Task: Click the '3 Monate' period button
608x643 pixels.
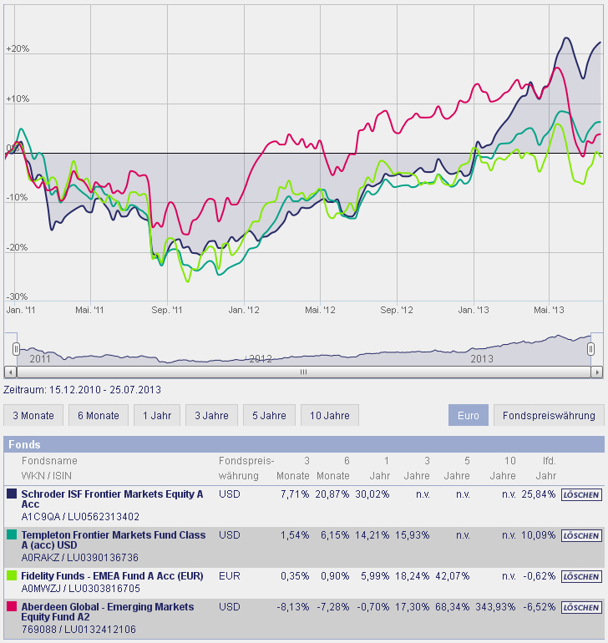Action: [33, 415]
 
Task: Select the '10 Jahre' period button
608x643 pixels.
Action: [330, 415]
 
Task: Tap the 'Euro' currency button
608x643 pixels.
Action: [468, 415]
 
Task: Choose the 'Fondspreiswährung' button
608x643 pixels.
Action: [548, 415]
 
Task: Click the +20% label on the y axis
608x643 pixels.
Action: [18, 49]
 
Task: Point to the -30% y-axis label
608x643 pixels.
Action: [18, 297]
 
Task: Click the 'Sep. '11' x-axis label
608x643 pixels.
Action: [166, 311]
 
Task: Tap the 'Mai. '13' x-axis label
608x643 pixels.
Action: [548, 311]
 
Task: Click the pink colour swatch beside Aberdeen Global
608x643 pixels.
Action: [12, 607]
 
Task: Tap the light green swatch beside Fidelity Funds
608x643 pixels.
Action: [12, 576]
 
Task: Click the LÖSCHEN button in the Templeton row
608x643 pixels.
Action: [580, 535]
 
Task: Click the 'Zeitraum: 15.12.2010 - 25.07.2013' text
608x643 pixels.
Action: [83, 390]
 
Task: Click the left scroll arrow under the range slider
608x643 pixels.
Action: [9, 372]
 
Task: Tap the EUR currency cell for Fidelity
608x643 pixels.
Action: [229, 576]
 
